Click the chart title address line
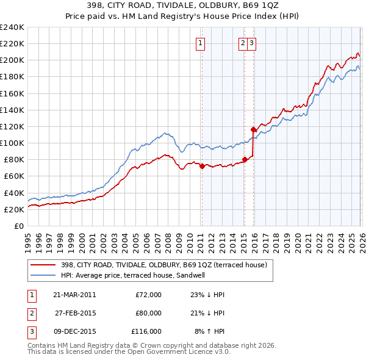(183, 5)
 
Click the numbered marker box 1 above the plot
(201, 43)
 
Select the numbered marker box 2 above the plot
(243, 43)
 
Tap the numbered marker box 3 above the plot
(252, 43)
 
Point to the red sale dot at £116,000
(253, 129)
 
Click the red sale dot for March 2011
(202, 166)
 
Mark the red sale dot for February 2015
(244, 159)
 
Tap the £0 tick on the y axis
(20, 226)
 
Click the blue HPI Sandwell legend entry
(134, 275)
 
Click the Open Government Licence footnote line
(129, 352)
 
